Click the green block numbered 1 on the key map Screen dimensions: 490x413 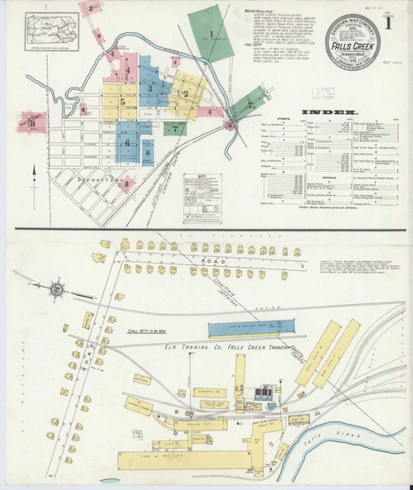click(x=211, y=35)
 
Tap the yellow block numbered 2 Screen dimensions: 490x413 click(x=187, y=93)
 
